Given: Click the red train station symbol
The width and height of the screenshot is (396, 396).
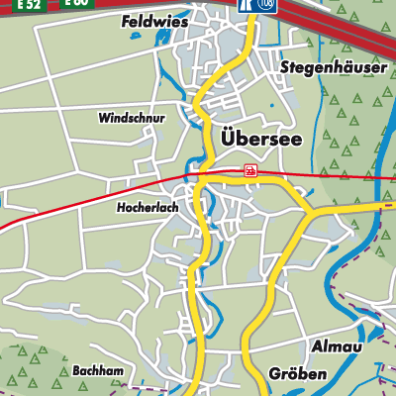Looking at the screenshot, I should pos(250,170).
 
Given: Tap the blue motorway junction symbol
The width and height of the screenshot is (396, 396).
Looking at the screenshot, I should pos(244,4).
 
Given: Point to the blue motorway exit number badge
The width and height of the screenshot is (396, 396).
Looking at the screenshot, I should pos(265,4).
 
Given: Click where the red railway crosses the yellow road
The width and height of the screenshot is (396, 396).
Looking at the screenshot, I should pos(201,174).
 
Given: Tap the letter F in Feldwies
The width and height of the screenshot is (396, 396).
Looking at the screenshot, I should pos(125,21).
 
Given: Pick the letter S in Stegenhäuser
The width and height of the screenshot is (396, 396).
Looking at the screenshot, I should pos(284,67).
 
